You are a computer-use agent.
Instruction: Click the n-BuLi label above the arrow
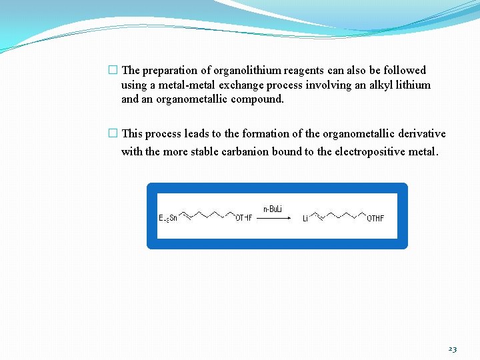click(273, 209)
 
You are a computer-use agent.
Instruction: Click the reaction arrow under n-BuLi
click(273, 218)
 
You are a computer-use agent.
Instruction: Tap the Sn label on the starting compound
click(173, 218)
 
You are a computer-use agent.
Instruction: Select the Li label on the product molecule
click(305, 219)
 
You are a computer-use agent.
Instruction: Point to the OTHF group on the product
click(375, 218)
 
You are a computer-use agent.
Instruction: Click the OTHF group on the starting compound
click(244, 218)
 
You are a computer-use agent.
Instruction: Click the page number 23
click(453, 349)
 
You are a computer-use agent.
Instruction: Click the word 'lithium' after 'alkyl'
click(413, 85)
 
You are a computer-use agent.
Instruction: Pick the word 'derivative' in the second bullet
click(421, 133)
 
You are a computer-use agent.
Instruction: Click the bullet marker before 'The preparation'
click(113, 70)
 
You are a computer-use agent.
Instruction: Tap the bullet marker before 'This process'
click(113, 133)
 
